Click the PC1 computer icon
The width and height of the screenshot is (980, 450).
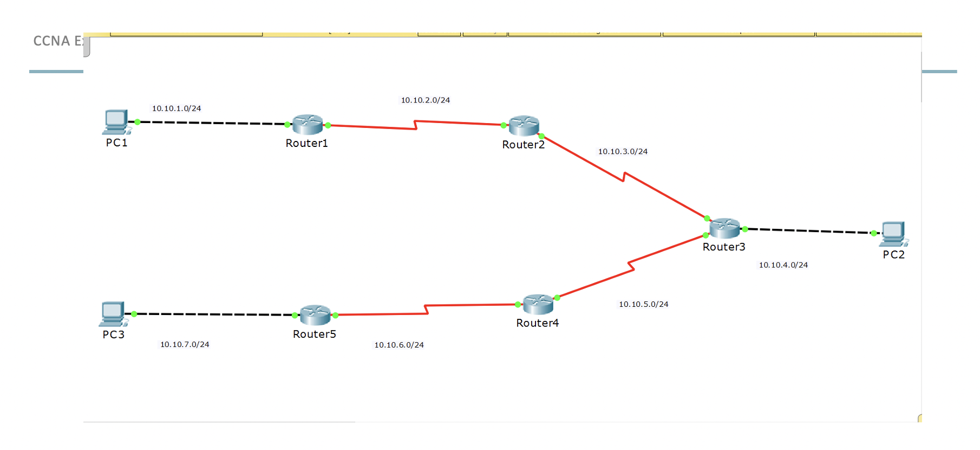(116, 121)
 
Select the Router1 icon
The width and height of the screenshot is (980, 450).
(308, 125)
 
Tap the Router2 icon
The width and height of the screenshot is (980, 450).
(524, 126)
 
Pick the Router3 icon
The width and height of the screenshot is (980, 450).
(724, 228)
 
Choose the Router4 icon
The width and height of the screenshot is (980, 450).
(538, 304)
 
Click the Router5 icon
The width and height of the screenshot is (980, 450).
(315, 315)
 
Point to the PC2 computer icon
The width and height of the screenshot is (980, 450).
(893, 234)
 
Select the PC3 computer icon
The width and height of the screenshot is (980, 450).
(113, 313)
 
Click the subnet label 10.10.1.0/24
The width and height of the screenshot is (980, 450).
(177, 108)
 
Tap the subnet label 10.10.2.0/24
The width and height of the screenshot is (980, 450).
(426, 100)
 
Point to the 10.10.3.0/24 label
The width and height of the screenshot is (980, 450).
(623, 152)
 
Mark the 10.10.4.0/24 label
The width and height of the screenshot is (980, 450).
(783, 265)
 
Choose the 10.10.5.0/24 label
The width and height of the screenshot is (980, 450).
(644, 304)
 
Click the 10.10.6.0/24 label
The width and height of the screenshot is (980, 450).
(399, 345)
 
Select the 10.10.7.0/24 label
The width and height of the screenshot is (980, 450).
(185, 344)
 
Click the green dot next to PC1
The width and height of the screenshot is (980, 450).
(138, 122)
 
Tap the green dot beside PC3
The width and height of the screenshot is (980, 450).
(134, 314)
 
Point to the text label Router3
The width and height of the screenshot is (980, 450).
(724, 247)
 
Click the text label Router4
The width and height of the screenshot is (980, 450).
(537, 323)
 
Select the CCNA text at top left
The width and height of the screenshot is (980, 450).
(52, 41)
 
